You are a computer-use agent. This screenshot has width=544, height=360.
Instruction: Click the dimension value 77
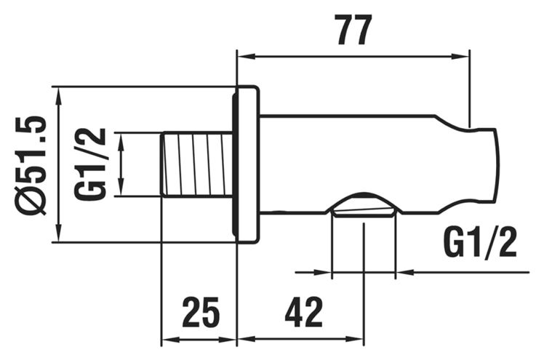355,30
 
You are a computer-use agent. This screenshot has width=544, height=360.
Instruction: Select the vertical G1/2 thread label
89,164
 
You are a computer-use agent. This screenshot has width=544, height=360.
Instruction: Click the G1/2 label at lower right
480,242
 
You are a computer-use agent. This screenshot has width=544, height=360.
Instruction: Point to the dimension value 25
201,312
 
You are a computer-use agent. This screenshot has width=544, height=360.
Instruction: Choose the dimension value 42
303,312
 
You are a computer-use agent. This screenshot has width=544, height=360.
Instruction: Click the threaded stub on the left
196,164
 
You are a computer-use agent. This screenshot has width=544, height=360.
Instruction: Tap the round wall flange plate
246,164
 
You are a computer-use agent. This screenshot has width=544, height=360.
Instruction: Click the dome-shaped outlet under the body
364,204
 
